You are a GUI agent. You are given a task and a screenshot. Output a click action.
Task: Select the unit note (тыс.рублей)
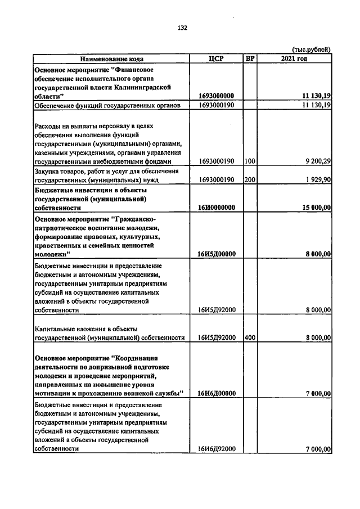click(311, 49)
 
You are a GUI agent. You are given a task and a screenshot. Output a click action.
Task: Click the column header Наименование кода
click(111, 58)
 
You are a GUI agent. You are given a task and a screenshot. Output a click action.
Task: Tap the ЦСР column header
click(217, 58)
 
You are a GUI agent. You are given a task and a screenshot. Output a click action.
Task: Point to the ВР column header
click(250, 58)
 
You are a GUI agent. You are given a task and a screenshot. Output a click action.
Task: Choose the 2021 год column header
click(294, 58)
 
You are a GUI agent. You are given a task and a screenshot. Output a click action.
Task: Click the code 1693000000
click(217, 96)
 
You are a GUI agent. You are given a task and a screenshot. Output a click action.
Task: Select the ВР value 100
click(250, 161)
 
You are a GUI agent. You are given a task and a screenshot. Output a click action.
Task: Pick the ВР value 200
click(250, 181)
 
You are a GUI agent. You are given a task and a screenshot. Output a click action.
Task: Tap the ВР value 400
click(250, 338)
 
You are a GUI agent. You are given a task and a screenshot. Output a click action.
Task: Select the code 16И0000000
click(217, 208)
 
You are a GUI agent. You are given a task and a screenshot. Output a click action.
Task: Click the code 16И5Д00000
click(217, 254)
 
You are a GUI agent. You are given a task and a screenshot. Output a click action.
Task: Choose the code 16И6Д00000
click(217, 393)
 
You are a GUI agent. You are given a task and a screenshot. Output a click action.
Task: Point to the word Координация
click(137, 358)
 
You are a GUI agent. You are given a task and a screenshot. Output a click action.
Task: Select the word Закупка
click(48, 172)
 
